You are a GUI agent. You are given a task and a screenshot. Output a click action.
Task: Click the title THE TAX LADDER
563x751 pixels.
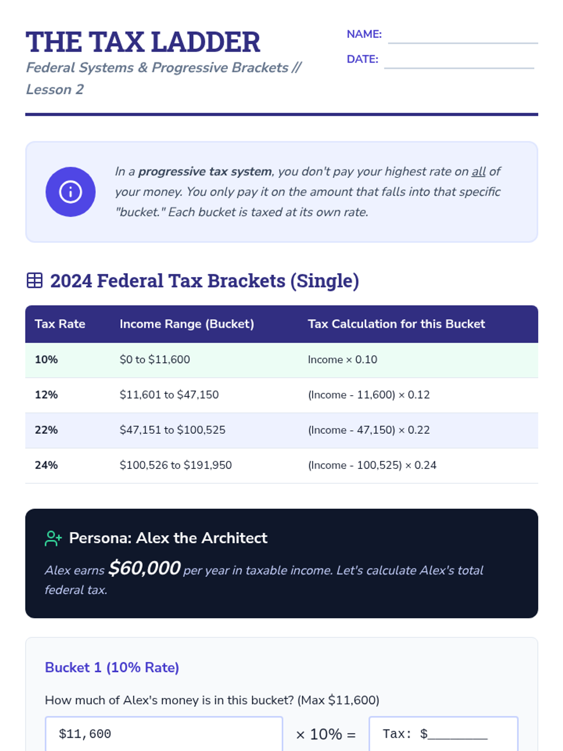(x=143, y=42)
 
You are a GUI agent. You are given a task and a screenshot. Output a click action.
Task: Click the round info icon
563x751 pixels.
(x=70, y=192)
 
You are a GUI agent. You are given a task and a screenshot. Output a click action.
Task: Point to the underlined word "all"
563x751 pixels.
(x=478, y=172)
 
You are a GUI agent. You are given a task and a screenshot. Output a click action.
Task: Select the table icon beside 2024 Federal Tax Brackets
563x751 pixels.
(x=35, y=281)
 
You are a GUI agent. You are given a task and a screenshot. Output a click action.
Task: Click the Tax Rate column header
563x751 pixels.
(x=60, y=324)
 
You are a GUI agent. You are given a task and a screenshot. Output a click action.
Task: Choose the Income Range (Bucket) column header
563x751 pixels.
(x=187, y=324)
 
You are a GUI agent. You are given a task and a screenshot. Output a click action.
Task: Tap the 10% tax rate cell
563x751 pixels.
(x=46, y=360)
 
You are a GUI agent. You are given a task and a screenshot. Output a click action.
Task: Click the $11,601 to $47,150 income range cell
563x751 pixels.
(x=169, y=395)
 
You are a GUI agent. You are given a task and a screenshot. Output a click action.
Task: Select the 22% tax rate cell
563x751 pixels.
(x=46, y=430)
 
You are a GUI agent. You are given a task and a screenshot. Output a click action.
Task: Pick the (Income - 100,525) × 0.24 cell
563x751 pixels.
(x=372, y=465)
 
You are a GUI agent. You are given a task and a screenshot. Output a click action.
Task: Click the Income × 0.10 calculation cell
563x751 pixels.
(x=342, y=360)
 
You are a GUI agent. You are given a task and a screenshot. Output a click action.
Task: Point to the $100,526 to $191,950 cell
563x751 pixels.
(x=175, y=465)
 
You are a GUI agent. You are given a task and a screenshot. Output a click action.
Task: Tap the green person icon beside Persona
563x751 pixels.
(x=53, y=538)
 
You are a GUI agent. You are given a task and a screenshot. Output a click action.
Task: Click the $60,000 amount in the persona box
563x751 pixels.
(x=144, y=568)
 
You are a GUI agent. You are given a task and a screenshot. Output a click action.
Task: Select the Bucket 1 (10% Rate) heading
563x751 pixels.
(x=112, y=667)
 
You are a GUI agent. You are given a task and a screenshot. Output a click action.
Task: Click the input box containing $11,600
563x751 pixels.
(x=164, y=734)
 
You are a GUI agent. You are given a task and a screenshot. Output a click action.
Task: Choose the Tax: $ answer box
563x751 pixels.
(x=443, y=734)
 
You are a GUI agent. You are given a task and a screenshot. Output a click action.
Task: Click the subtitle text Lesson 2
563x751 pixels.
(x=55, y=89)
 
